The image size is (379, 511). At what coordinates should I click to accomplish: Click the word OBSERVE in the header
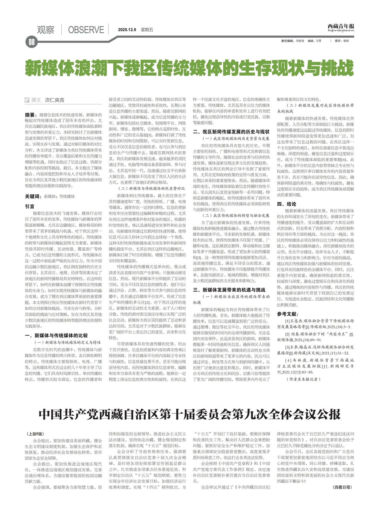(x=86, y=30)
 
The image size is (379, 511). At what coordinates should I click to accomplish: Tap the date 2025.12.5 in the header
(x=127, y=30)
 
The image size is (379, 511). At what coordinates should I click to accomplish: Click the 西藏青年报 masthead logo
(x=341, y=27)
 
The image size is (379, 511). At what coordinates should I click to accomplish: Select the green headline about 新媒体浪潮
(x=189, y=68)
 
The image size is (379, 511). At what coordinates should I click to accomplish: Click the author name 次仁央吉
(x=54, y=100)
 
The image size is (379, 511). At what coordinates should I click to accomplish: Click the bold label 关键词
(x=33, y=196)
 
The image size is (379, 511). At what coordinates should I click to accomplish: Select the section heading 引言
(x=29, y=206)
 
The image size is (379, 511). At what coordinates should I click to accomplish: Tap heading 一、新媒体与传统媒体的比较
(x=56, y=335)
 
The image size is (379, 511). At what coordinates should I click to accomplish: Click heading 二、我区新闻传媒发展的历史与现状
(x=231, y=131)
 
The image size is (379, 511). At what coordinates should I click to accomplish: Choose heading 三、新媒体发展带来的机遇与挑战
(x=229, y=290)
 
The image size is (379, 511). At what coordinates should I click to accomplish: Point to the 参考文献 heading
(x=287, y=314)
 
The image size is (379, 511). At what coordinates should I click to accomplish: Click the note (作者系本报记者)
(x=303, y=379)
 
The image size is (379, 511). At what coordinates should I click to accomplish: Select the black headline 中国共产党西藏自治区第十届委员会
(x=189, y=415)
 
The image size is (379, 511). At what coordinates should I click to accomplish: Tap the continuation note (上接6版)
(x=35, y=434)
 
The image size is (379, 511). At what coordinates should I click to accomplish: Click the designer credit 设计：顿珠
(x=341, y=41)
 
